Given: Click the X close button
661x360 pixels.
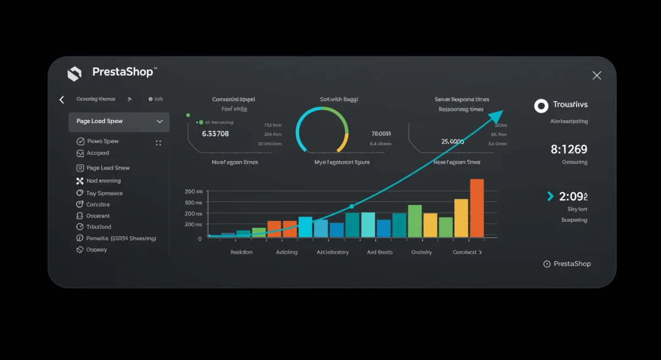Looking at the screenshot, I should [597, 75].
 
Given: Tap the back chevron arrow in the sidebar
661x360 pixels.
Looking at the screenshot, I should [62, 100].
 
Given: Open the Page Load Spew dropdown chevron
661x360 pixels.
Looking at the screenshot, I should [160, 121].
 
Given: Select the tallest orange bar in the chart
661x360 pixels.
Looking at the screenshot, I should [477, 208].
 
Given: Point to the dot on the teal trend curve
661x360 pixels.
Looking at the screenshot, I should [351, 207].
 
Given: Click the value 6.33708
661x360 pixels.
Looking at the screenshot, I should [215, 133].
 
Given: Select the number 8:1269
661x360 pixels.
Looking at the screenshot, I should [569, 149].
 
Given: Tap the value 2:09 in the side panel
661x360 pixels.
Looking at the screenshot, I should [573, 196].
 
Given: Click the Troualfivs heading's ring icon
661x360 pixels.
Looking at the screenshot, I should [541, 106].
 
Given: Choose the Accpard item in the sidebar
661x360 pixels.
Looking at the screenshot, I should [97, 153].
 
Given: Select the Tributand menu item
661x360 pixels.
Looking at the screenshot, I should [99, 227].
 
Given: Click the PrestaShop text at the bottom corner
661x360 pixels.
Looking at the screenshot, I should [572, 264].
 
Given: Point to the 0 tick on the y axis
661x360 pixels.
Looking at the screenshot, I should [200, 238].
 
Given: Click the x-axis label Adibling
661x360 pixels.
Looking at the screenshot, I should [286, 252].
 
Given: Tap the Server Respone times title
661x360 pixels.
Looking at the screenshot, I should [462, 100].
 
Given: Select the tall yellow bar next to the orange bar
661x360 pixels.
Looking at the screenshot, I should [461, 218].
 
